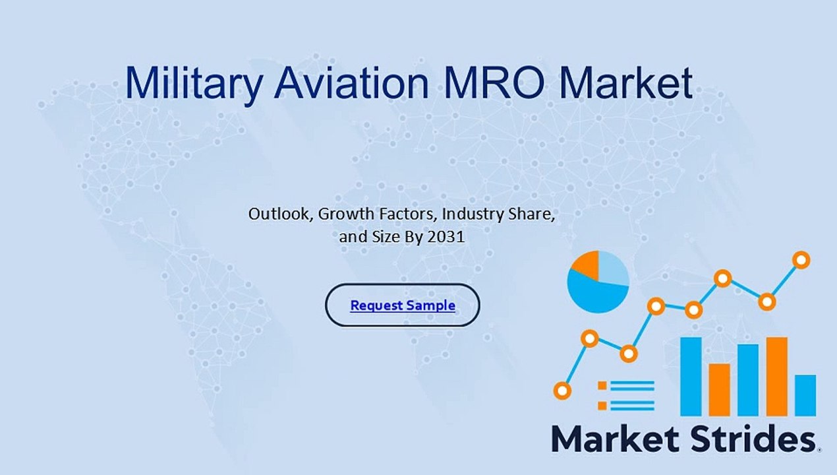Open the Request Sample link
[403, 305]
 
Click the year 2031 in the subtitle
[446, 237]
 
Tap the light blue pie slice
[613, 267]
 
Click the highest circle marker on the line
[801, 260]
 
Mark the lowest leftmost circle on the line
[562, 391]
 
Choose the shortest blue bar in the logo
[805, 395]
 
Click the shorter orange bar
[719, 389]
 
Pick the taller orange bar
[776, 376]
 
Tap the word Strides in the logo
[750, 439]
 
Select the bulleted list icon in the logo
[626, 395]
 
